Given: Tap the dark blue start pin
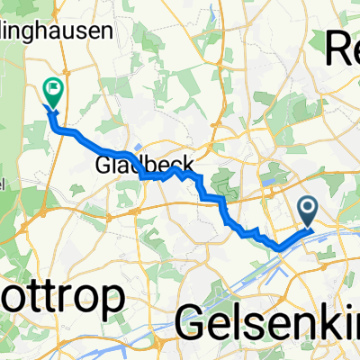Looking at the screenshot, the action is click(307, 212).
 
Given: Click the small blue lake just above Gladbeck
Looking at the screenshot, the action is click(136, 149).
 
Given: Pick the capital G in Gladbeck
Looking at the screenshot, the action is click(102, 166).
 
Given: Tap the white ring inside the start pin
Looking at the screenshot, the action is click(307, 209).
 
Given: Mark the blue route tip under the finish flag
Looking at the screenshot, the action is click(50, 112).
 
